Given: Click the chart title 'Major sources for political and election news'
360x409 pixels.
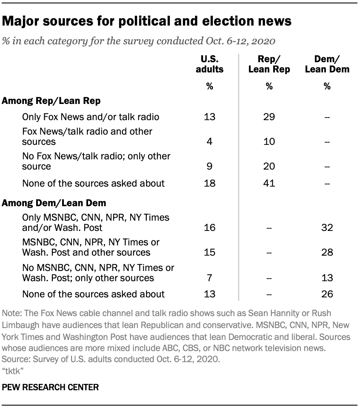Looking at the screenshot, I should [147, 21].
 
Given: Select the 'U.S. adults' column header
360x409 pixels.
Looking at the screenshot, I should [209, 64].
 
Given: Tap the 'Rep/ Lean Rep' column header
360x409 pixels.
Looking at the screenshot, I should [269, 64].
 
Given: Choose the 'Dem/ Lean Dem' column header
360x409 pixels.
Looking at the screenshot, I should [327, 64].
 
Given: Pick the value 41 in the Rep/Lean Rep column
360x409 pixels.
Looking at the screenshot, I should [269, 184].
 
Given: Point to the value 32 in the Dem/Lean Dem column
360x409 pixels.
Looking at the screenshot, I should [327, 228].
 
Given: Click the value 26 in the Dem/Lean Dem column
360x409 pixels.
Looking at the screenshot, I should [327, 294].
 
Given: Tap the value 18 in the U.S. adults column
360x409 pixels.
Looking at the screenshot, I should [209, 184].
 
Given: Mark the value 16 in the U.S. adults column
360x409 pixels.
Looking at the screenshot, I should [209, 228].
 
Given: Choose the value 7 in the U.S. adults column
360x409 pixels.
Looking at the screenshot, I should [209, 278].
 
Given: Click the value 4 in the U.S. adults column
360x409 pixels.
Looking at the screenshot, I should [209, 141].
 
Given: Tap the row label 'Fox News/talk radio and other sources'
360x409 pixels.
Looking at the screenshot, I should [87, 136].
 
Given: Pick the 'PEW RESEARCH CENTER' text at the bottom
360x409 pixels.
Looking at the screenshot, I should [51, 388].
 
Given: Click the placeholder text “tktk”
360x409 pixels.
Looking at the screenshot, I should [13, 371].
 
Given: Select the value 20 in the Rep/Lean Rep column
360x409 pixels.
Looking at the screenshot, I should [269, 166].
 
